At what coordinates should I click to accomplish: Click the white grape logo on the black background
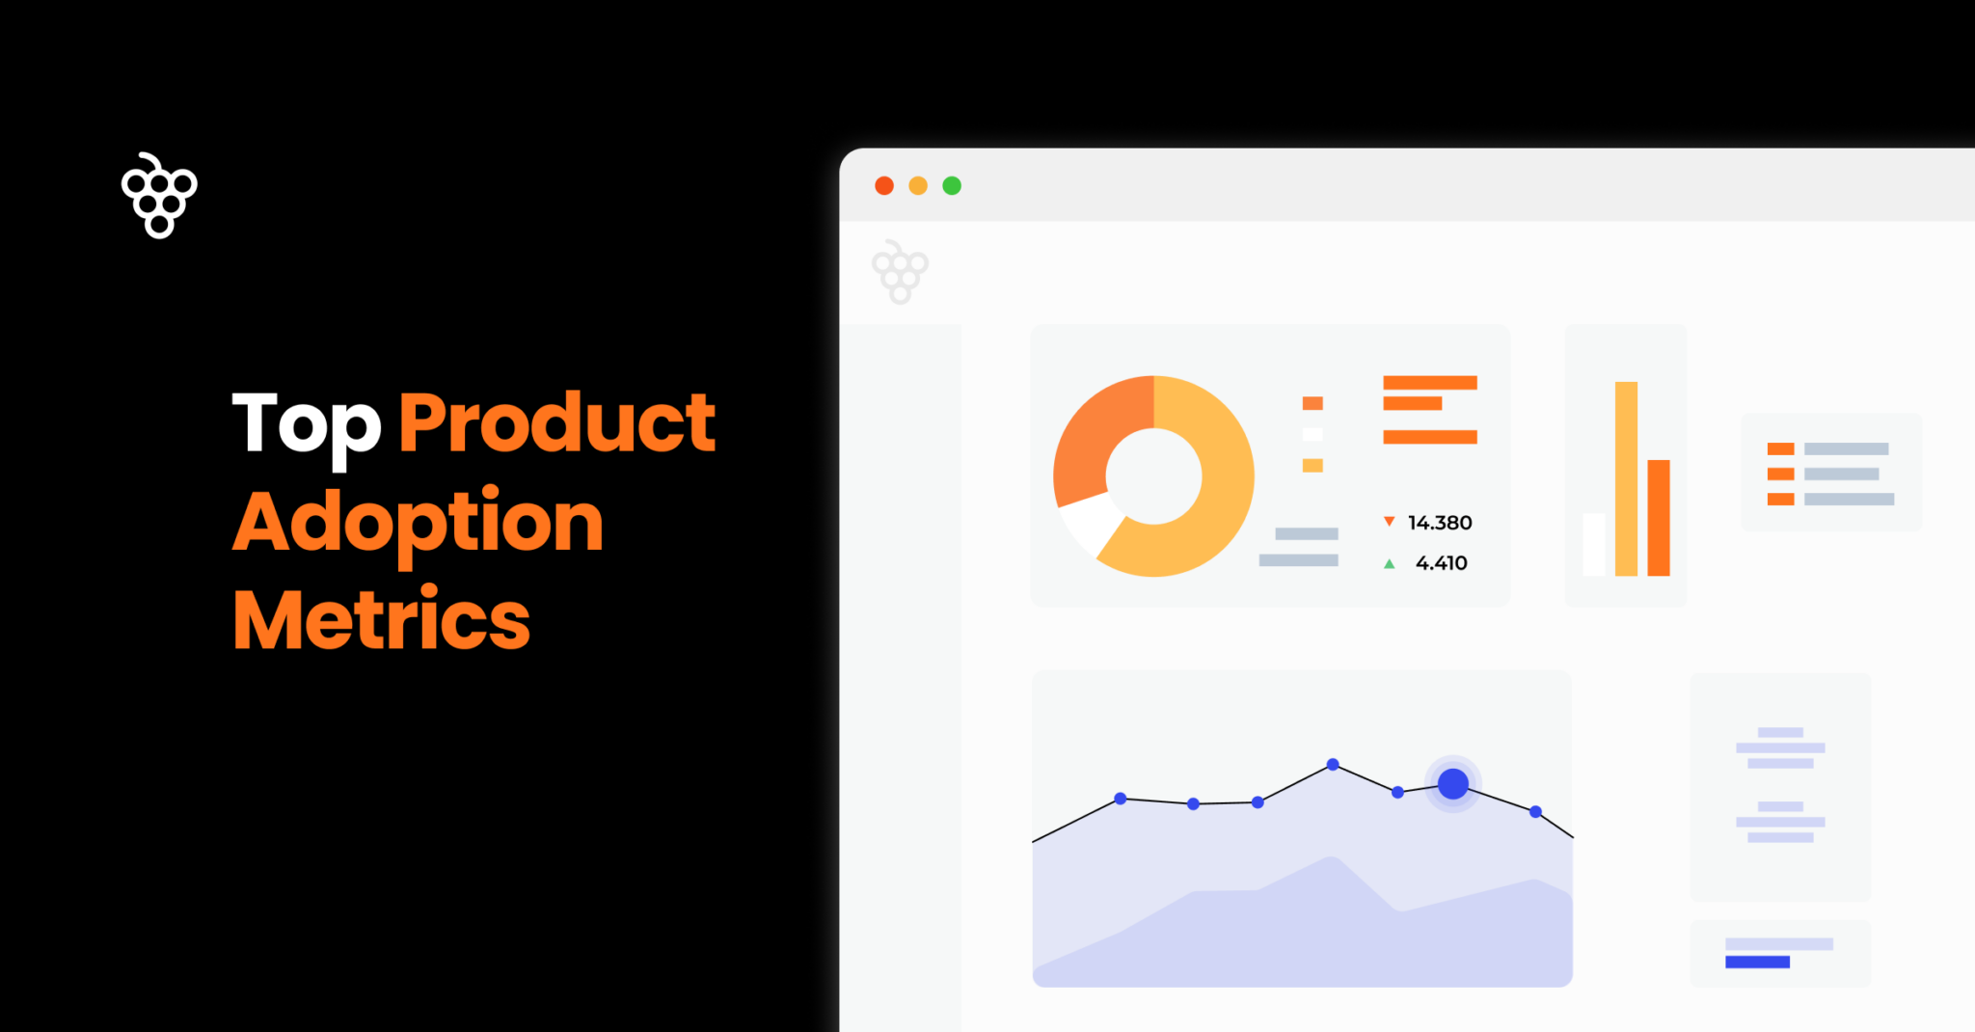(159, 195)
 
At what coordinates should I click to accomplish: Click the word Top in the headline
(307, 424)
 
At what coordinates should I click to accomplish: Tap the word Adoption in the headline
(418, 523)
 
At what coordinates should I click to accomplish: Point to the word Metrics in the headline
(381, 620)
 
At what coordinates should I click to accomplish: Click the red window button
(884, 186)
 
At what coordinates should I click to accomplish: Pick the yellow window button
(918, 186)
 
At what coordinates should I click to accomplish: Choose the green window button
(952, 186)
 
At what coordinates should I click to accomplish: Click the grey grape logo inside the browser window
(900, 272)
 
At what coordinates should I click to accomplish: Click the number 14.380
(1440, 523)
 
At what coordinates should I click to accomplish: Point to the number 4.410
(1441, 563)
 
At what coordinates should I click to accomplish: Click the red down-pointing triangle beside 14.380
(1390, 522)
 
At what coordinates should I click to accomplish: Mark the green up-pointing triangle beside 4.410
(1390, 564)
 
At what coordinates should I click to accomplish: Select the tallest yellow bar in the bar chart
(1626, 478)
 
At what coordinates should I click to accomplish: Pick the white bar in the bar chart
(1594, 544)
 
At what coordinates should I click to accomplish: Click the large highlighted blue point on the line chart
(1453, 784)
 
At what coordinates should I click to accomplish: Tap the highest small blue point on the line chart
(1333, 765)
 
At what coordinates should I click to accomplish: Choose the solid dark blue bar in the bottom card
(1757, 962)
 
